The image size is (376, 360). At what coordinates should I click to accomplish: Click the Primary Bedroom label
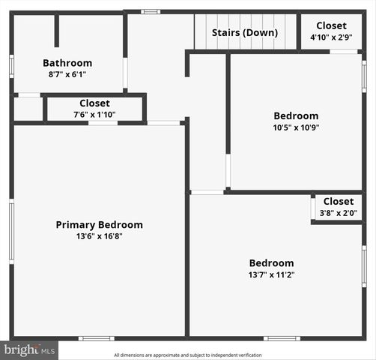(x=99, y=224)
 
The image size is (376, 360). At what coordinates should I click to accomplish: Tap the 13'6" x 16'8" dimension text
(x=99, y=236)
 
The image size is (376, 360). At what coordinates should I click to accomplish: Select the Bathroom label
(x=67, y=63)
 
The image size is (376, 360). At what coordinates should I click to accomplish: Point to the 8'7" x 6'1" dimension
(x=67, y=74)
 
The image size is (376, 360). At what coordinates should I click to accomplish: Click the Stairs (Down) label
(x=244, y=32)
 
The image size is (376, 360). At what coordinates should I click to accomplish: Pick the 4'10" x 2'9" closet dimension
(x=330, y=37)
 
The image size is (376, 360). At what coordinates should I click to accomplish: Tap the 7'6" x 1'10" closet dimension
(x=94, y=115)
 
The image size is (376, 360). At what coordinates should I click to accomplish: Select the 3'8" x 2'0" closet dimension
(x=339, y=212)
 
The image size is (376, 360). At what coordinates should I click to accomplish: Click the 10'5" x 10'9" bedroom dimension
(x=296, y=127)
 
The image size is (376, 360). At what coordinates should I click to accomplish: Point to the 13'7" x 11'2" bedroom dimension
(x=271, y=274)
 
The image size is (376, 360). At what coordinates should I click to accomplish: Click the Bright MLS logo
(x=29, y=349)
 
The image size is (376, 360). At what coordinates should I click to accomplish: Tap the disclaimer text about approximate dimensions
(x=188, y=355)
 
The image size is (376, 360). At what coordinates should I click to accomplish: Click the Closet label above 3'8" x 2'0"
(x=339, y=201)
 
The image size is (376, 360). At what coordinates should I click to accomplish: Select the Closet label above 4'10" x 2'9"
(x=331, y=25)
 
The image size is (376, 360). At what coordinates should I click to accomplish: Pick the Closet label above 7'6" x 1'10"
(x=94, y=103)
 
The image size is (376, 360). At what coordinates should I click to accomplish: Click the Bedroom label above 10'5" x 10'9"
(x=296, y=115)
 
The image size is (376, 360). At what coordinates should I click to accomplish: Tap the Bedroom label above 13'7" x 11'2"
(x=271, y=262)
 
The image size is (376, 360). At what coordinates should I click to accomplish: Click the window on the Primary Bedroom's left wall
(x=11, y=232)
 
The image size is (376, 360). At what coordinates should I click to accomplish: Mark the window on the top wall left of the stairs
(x=151, y=11)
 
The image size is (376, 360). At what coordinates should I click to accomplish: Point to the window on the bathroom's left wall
(x=11, y=65)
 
